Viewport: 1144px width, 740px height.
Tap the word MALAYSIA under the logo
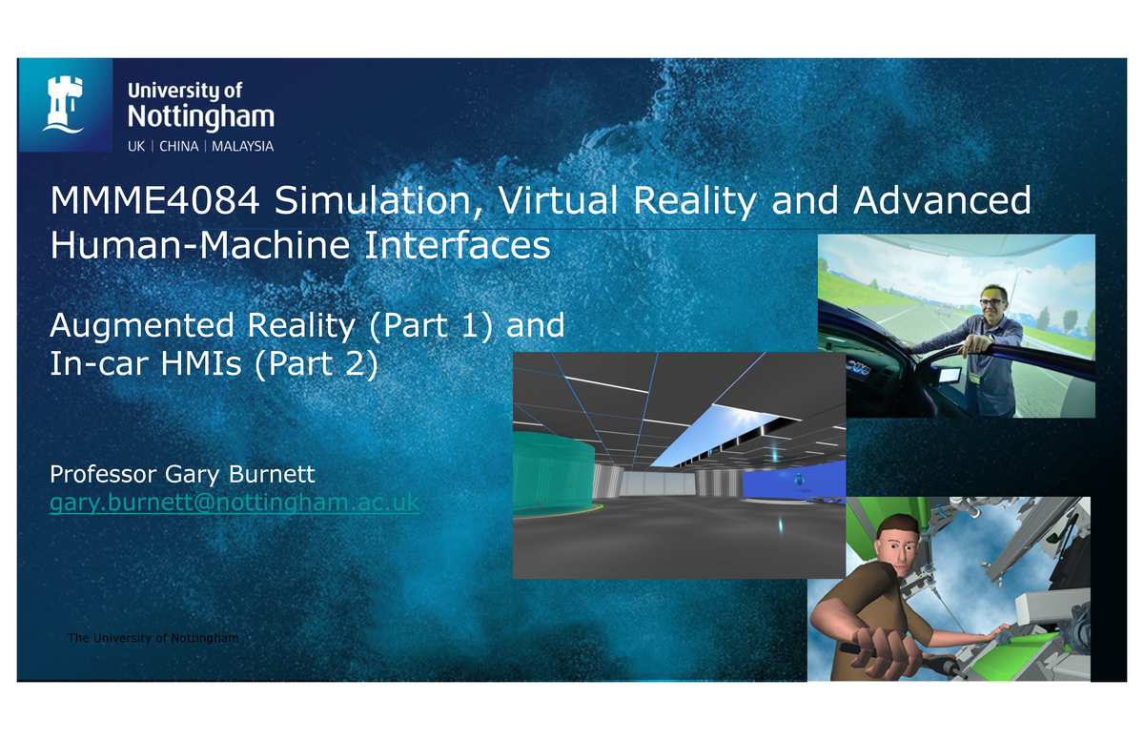pyautogui.click(x=242, y=147)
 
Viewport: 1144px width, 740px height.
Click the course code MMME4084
pyautogui.click(x=154, y=202)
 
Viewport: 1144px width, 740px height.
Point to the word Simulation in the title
pyautogui.click(x=376, y=202)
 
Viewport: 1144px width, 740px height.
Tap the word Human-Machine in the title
pyautogui.click(x=181, y=246)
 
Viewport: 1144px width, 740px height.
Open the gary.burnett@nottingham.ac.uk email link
pyautogui.click(x=234, y=502)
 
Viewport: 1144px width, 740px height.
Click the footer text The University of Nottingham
pyautogui.click(x=153, y=637)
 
